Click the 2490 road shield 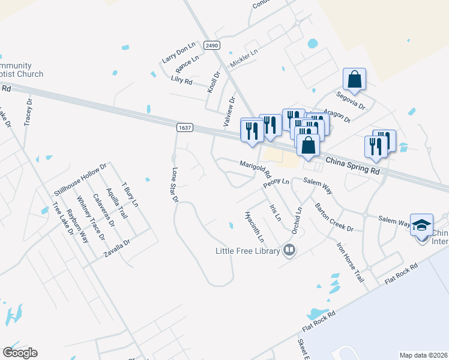pos(211,46)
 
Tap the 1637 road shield pos(185,127)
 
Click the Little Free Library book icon pos(290,250)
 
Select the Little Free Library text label pos(247,251)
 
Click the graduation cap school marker pos(421,224)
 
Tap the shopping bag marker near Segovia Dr pos(354,79)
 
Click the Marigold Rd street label pos(256,169)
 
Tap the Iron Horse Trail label pos(350,262)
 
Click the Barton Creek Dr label pos(334,217)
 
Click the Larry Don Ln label pos(179,53)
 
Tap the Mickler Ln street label pos(244,59)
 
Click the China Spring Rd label pos(353,166)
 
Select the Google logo pos(20,352)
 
